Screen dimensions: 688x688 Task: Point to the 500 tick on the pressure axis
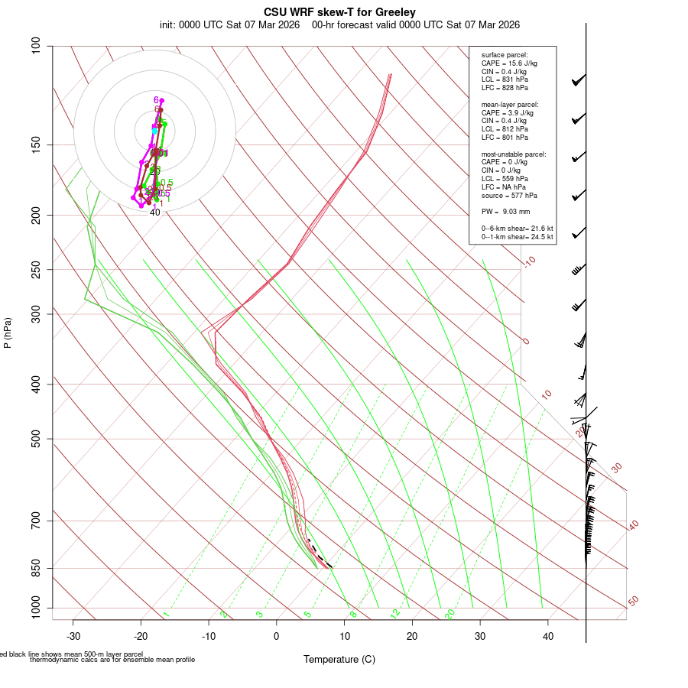[x=35, y=439]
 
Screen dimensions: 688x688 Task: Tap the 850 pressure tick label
[x=35, y=568]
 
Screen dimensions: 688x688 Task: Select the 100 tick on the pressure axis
[x=35, y=46]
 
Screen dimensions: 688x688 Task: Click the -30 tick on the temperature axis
[x=73, y=636]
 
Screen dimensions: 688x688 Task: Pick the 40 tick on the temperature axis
[x=548, y=636]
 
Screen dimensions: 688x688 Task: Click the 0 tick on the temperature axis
[x=277, y=636]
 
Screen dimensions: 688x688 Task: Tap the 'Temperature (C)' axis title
[x=339, y=659]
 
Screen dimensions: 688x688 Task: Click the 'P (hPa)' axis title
[x=8, y=333]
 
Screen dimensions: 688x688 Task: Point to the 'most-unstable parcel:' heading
[x=514, y=154]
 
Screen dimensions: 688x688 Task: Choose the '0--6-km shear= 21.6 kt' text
[x=517, y=229]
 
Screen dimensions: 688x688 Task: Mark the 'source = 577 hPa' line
[x=507, y=196]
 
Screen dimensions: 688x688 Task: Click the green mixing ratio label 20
[x=449, y=614]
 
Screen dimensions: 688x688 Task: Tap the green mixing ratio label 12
[x=395, y=614]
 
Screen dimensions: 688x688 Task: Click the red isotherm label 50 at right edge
[x=633, y=602]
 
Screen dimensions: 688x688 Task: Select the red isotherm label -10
[x=528, y=261]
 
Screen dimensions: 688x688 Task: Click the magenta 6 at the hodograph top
[x=156, y=100]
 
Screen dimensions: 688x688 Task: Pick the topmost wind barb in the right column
[x=579, y=80]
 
